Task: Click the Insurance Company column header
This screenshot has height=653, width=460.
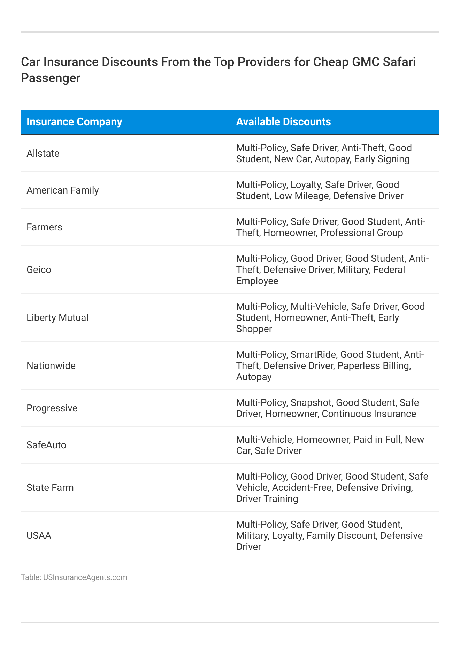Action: (74, 122)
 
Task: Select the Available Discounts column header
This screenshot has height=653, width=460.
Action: (283, 122)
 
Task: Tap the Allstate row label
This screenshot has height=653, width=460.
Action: (43, 154)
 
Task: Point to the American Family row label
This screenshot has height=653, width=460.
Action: (63, 190)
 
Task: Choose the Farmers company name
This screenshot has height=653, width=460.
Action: (44, 227)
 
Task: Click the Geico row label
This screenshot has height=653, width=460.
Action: (39, 270)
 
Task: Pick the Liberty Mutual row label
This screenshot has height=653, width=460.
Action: (58, 318)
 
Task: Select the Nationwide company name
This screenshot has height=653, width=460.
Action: (51, 366)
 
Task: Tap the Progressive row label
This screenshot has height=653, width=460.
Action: (52, 408)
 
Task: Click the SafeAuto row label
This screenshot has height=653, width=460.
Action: (46, 445)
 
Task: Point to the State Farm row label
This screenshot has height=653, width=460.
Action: (50, 488)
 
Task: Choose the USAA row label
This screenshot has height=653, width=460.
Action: (39, 536)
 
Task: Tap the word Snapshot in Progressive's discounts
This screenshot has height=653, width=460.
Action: (311, 403)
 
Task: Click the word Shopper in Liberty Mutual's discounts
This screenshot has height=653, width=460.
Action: (254, 329)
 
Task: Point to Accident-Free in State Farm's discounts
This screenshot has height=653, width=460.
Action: (301, 488)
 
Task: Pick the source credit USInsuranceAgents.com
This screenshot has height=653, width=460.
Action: (85, 577)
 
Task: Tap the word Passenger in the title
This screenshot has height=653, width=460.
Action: (51, 78)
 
